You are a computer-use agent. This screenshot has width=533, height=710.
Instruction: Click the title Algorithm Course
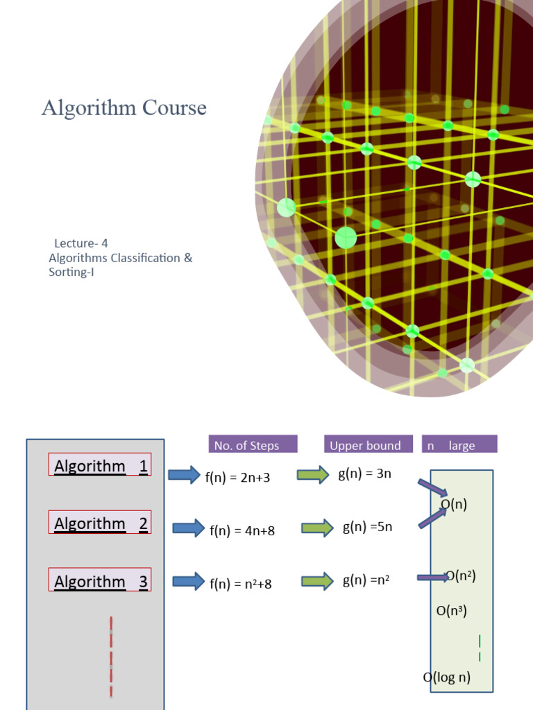point(124,108)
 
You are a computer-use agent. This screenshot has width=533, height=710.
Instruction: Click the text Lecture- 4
point(81,243)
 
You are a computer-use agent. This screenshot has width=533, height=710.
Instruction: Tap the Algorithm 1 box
point(100,465)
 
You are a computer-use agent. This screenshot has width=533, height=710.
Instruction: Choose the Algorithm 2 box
point(100,523)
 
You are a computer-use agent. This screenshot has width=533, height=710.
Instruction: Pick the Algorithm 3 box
point(100,580)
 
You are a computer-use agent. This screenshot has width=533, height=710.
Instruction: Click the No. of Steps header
point(253,445)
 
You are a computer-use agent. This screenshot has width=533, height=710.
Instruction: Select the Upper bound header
point(365,445)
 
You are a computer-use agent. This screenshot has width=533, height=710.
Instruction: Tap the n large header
point(459,445)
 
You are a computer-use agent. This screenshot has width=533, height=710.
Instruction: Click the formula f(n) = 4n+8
point(242,530)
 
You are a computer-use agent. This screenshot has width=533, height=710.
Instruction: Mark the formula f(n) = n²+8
point(241,584)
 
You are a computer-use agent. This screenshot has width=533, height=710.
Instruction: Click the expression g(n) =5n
point(367,527)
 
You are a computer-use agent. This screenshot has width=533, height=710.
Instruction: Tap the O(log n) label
point(447,677)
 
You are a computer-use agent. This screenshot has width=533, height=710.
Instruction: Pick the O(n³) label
point(451,611)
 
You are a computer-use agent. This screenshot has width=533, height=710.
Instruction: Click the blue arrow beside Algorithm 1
point(184,475)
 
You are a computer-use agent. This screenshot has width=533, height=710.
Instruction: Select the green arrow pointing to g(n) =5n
point(317,528)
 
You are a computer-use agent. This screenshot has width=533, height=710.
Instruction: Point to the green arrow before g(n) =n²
point(317,581)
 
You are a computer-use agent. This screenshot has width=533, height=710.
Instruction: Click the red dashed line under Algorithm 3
point(111,657)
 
